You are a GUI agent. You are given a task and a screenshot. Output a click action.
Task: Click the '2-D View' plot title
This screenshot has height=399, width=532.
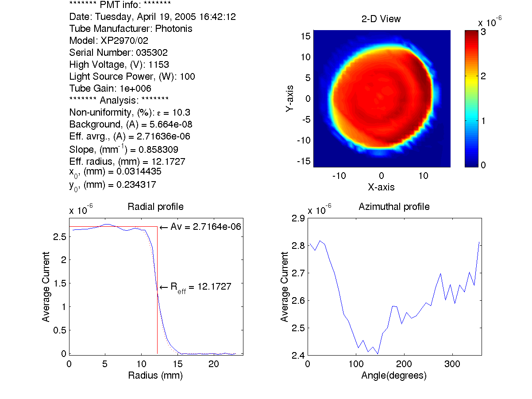point(381,19)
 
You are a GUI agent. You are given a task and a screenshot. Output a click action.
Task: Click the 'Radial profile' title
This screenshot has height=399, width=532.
point(155,206)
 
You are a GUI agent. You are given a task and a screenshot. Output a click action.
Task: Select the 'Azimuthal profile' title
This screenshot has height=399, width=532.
point(394,206)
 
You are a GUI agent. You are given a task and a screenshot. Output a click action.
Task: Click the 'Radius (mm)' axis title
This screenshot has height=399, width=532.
point(155,376)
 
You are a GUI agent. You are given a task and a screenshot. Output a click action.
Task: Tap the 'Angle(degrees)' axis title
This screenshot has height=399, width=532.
point(394,376)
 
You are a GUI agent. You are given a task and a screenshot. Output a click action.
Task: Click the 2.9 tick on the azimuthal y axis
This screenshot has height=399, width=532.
point(297,218)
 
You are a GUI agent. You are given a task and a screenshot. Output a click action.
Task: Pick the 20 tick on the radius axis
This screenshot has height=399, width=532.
point(214,364)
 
